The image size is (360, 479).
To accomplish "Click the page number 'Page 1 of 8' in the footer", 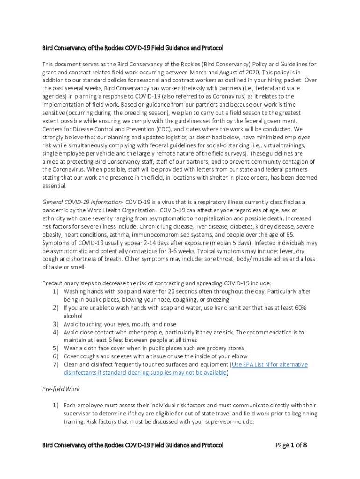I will (x=291, y=445).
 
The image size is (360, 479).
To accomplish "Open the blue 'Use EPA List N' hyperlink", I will (x=269, y=364).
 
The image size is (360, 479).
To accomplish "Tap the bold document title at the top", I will (x=133, y=48).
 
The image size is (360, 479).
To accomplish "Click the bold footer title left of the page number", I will (x=133, y=445).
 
